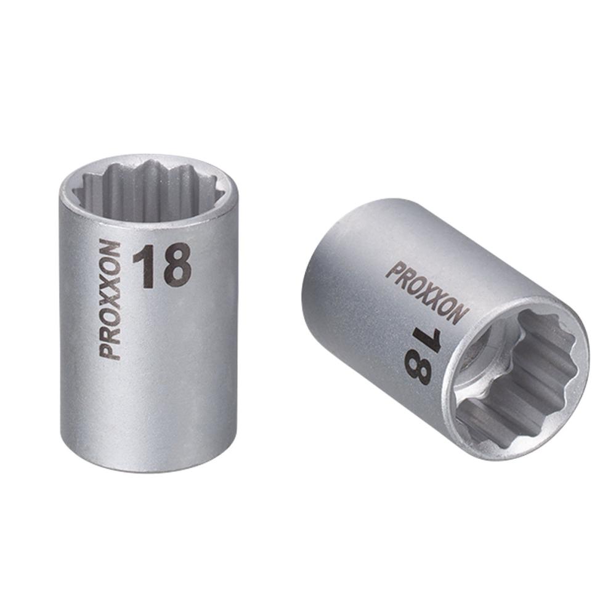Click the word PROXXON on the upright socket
pyautogui.click(x=110, y=300)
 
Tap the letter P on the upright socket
pyautogui.click(x=110, y=352)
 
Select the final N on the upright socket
pyautogui.click(x=110, y=249)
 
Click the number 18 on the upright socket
pyautogui.click(x=162, y=267)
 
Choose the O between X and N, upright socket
pyautogui.click(x=110, y=266)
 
